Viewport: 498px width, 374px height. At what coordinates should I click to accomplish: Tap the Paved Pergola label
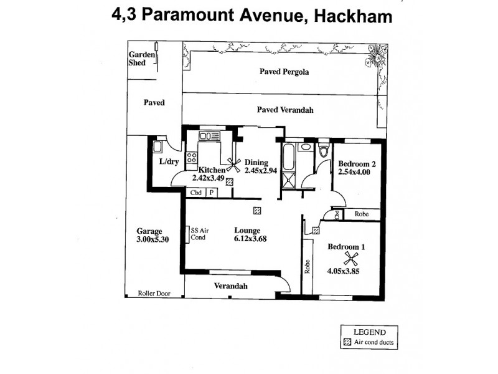[x=284, y=72]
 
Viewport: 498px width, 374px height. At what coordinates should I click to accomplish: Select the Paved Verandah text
[x=284, y=110]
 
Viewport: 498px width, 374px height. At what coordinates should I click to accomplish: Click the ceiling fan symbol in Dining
[x=234, y=165]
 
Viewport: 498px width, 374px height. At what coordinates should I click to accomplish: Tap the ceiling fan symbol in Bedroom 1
[x=350, y=258]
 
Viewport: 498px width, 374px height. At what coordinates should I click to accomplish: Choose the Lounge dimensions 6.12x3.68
[x=247, y=238]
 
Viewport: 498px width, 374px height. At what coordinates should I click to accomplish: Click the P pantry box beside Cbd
[x=212, y=193]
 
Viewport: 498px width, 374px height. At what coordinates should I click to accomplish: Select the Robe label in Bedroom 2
[x=362, y=214]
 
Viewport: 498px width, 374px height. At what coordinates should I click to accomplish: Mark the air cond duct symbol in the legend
[x=347, y=343]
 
